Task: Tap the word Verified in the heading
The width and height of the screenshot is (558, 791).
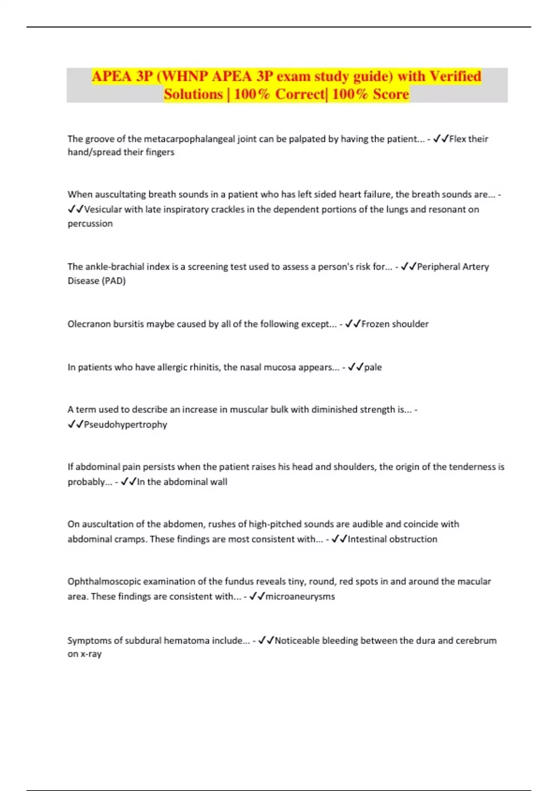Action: (455, 76)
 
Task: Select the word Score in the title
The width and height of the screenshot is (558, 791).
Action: (391, 94)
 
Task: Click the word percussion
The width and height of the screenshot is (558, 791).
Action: (90, 224)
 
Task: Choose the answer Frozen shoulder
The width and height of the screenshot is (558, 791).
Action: (395, 324)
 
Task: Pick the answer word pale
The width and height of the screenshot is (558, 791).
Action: (373, 367)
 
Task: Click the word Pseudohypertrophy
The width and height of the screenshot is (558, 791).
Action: (125, 424)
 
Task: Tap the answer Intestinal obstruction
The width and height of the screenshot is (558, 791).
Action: (392, 539)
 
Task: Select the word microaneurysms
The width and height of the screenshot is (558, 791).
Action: (300, 597)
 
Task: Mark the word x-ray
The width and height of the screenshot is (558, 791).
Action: (91, 654)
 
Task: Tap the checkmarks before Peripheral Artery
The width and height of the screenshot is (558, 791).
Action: (408, 267)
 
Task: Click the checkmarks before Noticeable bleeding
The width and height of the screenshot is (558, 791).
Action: (266, 641)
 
